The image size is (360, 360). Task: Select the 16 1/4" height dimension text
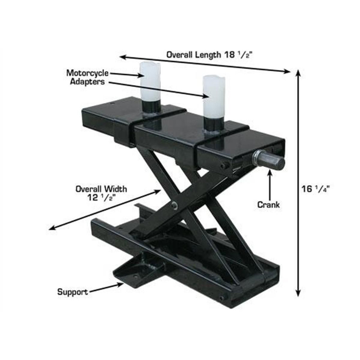316,189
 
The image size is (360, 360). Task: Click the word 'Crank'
269,204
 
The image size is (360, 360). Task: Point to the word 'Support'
72,292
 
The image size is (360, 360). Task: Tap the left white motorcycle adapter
150,81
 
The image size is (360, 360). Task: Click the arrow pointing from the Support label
106,288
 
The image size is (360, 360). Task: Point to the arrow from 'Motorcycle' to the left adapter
126,75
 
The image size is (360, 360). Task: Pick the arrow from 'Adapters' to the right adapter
158,89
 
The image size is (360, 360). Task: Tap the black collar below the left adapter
151,107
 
